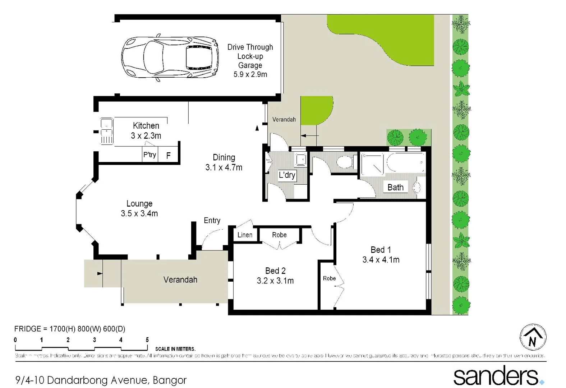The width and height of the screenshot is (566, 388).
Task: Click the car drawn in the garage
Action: [x=170, y=57]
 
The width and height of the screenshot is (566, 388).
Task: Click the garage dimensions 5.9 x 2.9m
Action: [x=250, y=74]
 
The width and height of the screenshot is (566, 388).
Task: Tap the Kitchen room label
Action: [x=146, y=126]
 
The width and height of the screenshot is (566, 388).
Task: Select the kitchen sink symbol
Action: [x=107, y=131]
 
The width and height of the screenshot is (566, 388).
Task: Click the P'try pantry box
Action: [x=150, y=155]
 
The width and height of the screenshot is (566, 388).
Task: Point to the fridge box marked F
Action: [x=168, y=156]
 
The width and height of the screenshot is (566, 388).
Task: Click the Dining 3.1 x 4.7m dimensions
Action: [x=224, y=167]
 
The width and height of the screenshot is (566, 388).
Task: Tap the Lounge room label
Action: [x=139, y=204]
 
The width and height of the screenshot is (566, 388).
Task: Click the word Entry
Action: [x=212, y=221]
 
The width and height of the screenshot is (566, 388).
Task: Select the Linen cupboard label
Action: [x=245, y=235]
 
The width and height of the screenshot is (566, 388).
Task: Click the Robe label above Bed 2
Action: [x=279, y=235]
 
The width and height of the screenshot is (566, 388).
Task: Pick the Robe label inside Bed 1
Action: [x=329, y=278]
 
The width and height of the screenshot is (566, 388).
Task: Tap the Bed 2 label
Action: [x=275, y=271]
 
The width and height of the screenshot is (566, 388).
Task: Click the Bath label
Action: [x=395, y=188]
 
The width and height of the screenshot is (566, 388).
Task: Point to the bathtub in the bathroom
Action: [x=405, y=163]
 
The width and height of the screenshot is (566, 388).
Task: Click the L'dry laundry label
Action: [x=287, y=175]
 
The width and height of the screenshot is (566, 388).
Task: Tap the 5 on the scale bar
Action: [x=147, y=340]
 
